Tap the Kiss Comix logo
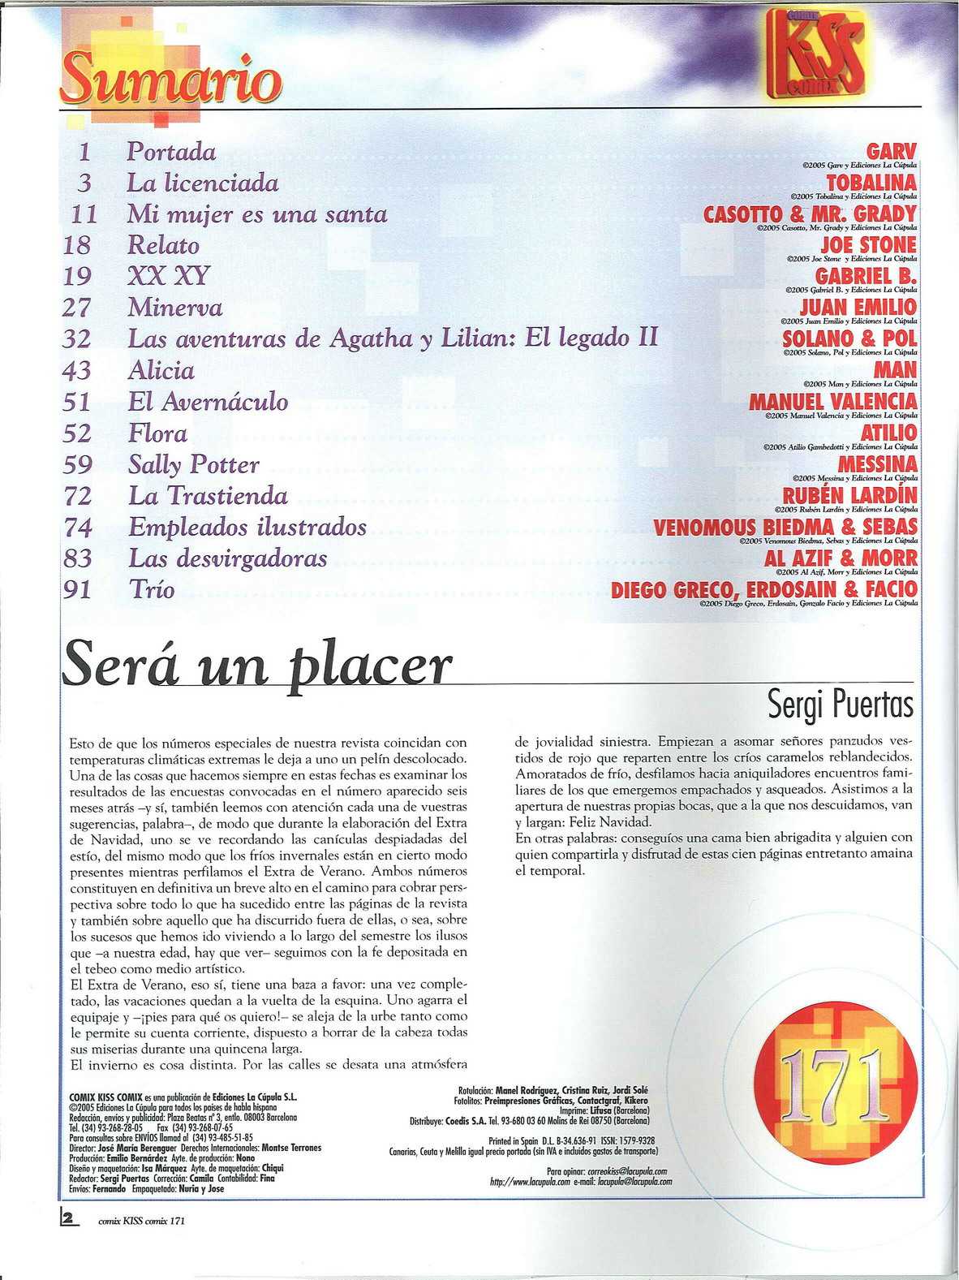point(822,58)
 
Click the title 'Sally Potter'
point(193,465)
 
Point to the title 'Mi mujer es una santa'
point(256,214)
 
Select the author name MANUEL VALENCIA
point(832,402)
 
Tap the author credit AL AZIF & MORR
point(841,558)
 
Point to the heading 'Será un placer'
point(256,666)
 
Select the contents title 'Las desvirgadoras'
point(227,558)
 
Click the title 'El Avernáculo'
point(208,402)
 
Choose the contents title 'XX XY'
point(168,277)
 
